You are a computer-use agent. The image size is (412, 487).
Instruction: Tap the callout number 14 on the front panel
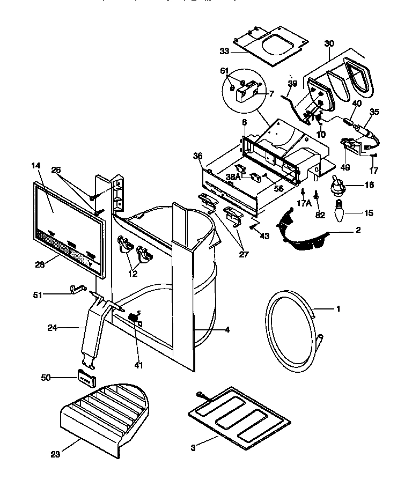pyautogui.click(x=36, y=166)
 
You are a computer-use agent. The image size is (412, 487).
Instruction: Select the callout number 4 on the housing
pyautogui.click(x=227, y=330)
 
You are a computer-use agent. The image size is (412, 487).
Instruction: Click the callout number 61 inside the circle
pyautogui.click(x=224, y=71)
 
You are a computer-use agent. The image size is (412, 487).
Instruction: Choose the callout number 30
pyautogui.click(x=329, y=43)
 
